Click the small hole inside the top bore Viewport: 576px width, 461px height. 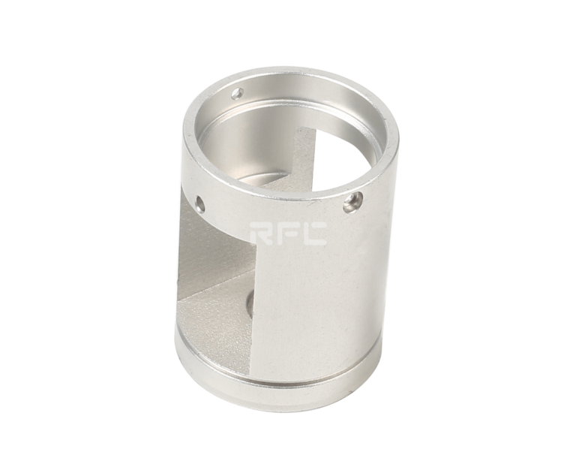(237, 92)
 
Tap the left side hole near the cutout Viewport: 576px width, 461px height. (199, 203)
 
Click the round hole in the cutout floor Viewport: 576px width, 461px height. (250, 302)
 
